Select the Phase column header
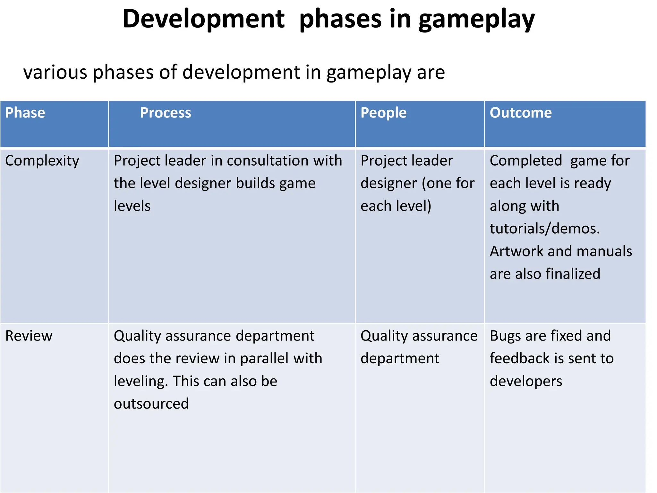pos(25,113)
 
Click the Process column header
pos(166,113)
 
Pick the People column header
pos(383,113)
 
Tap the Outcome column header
pos(521,113)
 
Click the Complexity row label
pos(42,161)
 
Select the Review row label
pos(29,336)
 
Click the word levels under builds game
pos(132,206)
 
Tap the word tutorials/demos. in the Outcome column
pos(545,229)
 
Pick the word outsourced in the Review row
pos(151,404)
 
